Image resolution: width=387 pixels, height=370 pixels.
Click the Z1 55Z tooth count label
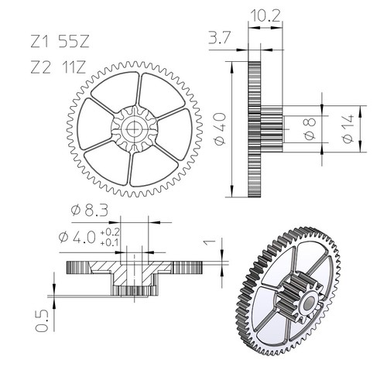coord(60,41)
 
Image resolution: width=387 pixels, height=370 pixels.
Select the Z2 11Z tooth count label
coord(58,68)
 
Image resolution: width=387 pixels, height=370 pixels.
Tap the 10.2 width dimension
coord(265,16)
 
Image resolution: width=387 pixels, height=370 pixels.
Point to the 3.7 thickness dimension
coord(219,38)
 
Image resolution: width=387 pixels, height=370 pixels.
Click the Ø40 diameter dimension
coord(220,129)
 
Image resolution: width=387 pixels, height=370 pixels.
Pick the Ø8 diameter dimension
coord(310,128)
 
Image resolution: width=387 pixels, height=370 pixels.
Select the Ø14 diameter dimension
coord(348,129)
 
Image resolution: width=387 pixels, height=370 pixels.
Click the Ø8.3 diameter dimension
coord(90,211)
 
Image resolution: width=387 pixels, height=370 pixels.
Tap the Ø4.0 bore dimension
coord(77,237)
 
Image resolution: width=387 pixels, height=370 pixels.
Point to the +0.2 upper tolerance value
coord(110,232)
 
